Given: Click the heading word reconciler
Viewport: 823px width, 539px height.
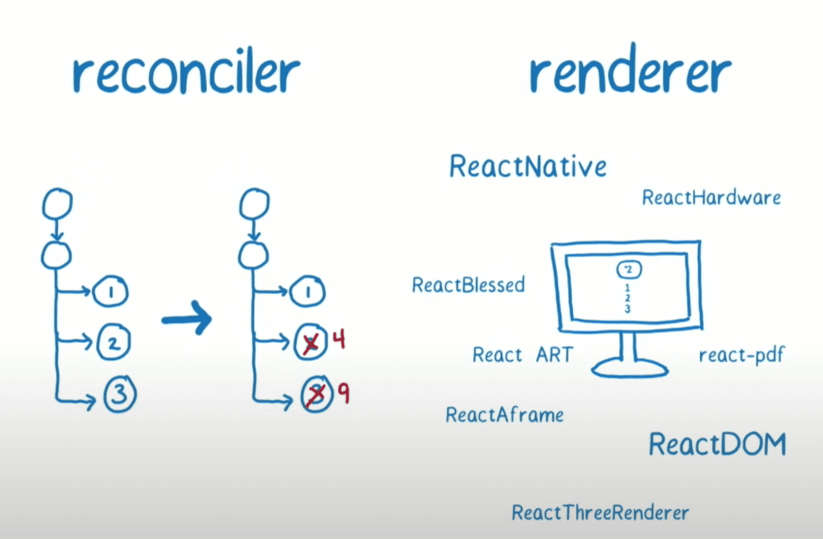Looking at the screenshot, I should tap(186, 74).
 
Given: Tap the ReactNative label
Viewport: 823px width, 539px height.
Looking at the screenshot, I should tap(528, 167).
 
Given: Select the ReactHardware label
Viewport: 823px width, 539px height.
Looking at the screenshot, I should tap(711, 198).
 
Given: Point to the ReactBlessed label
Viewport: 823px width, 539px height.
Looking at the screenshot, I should tap(468, 285).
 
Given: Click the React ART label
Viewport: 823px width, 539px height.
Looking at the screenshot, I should tap(522, 355).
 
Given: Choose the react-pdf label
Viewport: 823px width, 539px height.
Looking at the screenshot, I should tap(741, 355).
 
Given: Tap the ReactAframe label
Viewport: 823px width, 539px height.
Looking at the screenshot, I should tap(505, 415).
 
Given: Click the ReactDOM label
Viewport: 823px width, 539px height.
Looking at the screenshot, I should tap(717, 444).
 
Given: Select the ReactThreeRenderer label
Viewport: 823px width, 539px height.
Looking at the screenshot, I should tap(600, 513).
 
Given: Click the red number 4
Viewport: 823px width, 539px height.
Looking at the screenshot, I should tap(339, 340).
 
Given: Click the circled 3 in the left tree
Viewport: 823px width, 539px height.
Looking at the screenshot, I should tap(120, 394).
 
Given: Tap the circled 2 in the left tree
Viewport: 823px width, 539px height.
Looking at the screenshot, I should tap(114, 342).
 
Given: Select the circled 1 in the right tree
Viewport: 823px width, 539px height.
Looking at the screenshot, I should tap(308, 292).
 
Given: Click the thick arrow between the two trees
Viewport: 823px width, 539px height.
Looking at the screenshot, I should tap(187, 319).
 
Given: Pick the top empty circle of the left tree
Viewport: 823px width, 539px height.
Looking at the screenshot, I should tap(57, 203).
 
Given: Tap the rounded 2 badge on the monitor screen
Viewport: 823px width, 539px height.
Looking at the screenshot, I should tap(629, 269).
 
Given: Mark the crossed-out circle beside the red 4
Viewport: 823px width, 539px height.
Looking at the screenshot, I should tap(310, 342).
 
